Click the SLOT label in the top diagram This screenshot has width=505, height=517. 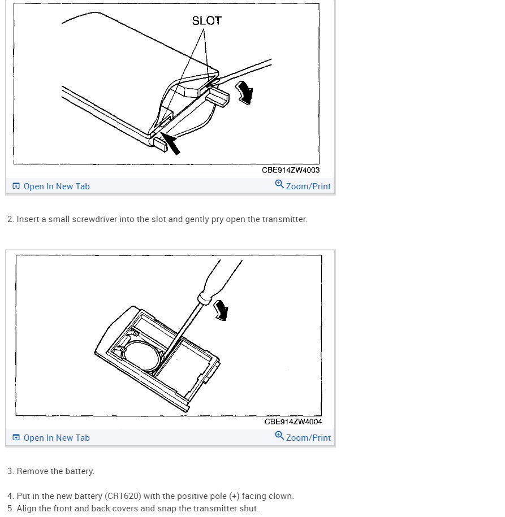(206, 21)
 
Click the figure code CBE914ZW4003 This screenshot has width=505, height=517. (291, 170)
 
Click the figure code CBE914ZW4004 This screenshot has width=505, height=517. (293, 422)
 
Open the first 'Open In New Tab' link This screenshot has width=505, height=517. (56, 186)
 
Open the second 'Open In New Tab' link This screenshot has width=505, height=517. (56, 438)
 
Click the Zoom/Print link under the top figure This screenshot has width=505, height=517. (308, 186)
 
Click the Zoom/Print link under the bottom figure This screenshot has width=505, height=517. (308, 438)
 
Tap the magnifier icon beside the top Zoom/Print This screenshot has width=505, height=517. (279, 184)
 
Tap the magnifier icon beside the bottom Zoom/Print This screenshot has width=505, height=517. (279, 436)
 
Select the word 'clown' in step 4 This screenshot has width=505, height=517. (280, 496)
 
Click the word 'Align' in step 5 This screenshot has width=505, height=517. (27, 509)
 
